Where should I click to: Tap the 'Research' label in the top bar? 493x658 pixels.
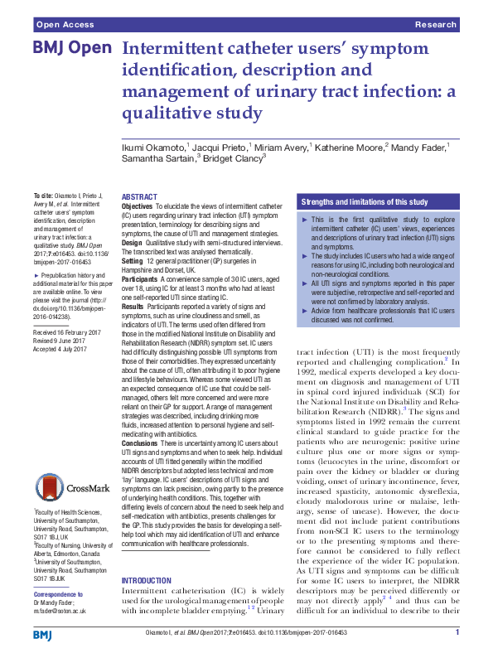436,26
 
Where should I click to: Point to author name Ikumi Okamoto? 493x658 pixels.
154,146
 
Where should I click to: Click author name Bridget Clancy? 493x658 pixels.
234,157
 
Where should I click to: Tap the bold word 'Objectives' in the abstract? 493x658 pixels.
138,205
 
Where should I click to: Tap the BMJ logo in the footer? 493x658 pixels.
42,635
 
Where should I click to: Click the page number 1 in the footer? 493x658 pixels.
457,633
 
